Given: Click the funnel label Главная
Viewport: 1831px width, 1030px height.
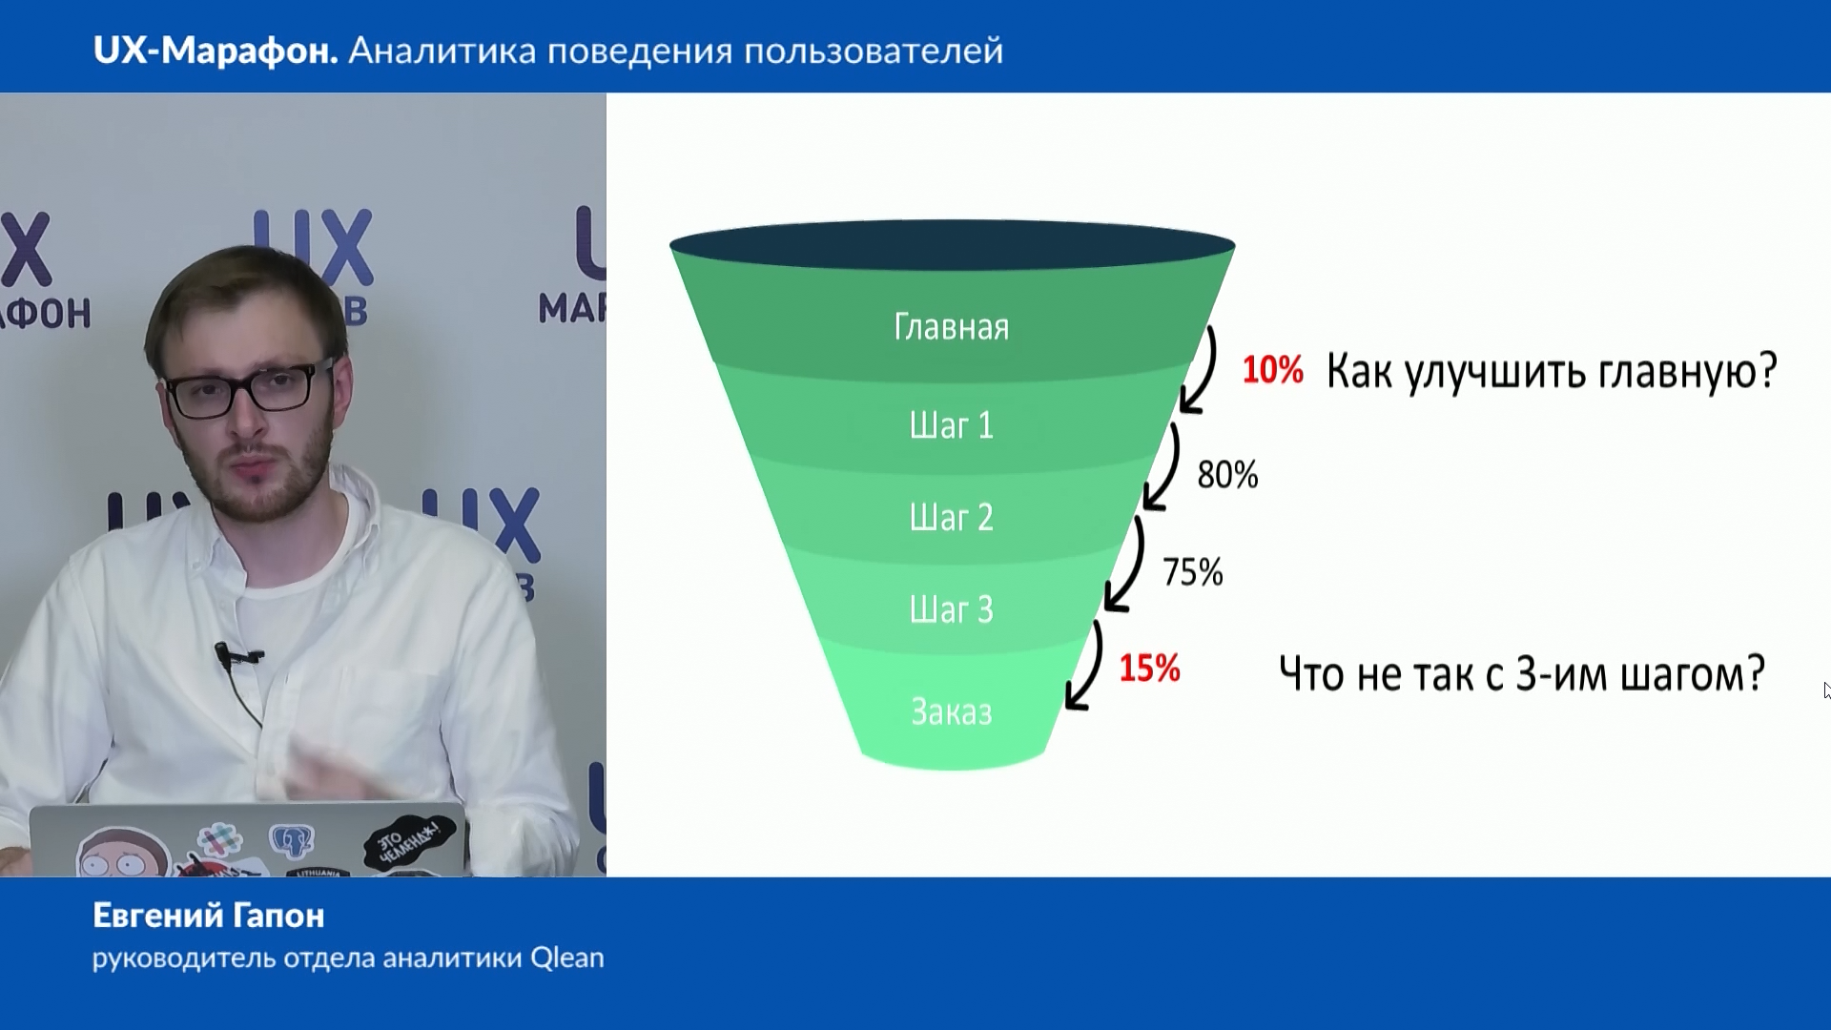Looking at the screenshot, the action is click(x=951, y=327).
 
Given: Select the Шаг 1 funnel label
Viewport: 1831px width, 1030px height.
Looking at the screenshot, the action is click(x=951, y=425).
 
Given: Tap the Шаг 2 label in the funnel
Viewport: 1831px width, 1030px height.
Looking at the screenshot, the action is click(x=951, y=518).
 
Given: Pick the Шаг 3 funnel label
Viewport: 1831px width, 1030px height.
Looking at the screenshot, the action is click(x=951, y=609).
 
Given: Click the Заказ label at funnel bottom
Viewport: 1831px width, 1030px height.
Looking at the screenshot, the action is click(x=951, y=712).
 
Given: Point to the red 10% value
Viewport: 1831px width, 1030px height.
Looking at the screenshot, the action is click(x=1272, y=370).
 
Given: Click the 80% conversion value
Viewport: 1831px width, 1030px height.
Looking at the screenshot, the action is click(x=1227, y=475).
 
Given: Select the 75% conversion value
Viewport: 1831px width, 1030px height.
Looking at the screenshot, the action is click(x=1192, y=572).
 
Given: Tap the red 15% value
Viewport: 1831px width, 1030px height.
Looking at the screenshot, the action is click(x=1149, y=669).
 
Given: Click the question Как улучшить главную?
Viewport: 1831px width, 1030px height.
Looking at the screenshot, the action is click(x=1552, y=371).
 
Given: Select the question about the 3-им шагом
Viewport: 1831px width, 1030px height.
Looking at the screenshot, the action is click(x=1521, y=673).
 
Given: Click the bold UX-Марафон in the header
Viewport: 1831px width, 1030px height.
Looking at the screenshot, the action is click(x=216, y=51).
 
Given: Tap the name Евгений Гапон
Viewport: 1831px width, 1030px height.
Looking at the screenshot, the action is click(x=209, y=916).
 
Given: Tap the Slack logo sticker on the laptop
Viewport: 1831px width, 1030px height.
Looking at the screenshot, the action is click(x=218, y=840).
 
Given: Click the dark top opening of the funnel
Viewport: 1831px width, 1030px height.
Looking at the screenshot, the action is click(x=952, y=245).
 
